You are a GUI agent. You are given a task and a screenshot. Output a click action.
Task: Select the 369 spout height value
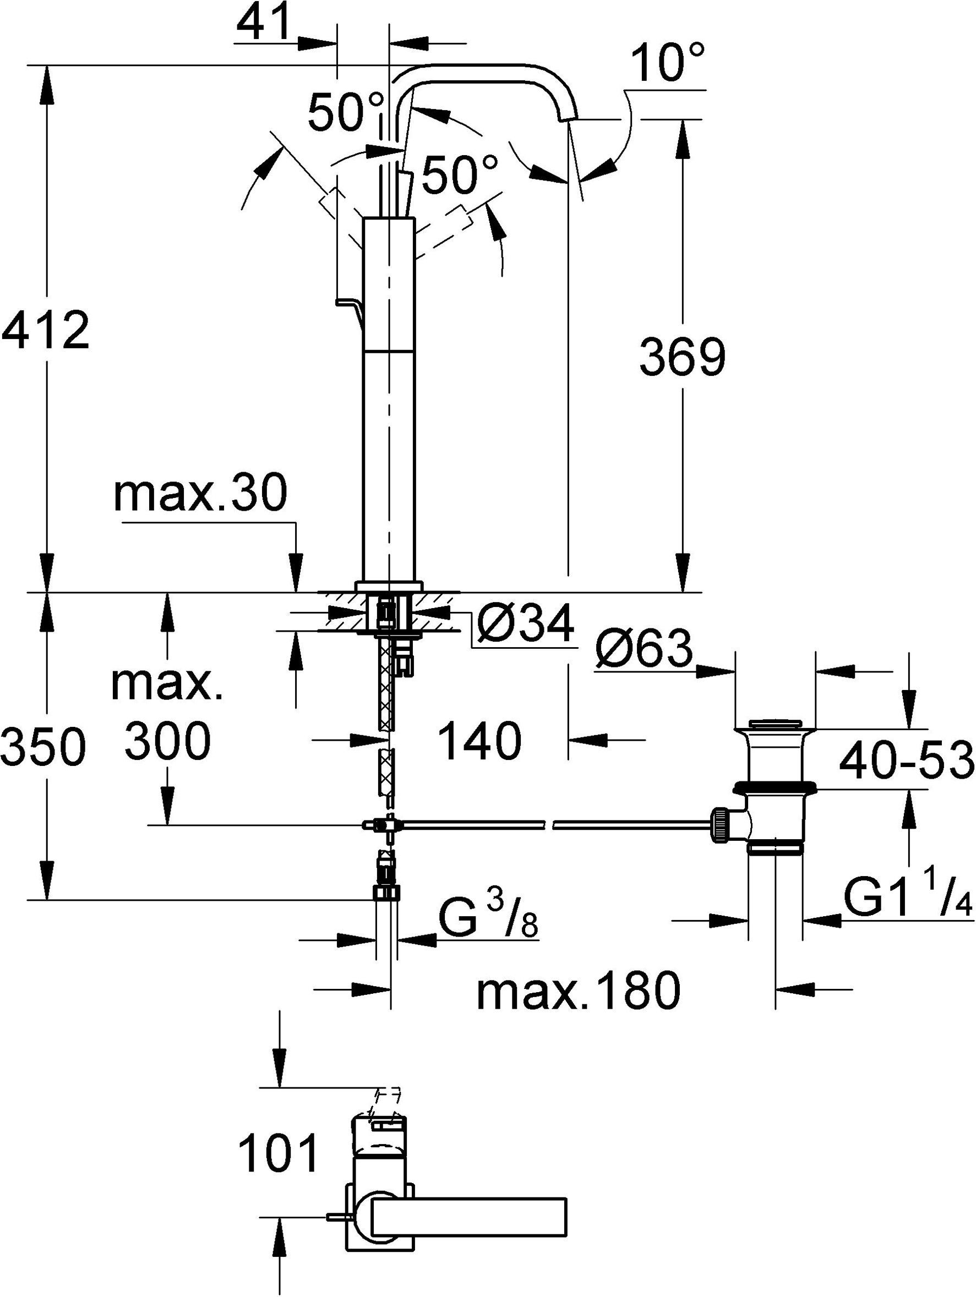tap(682, 357)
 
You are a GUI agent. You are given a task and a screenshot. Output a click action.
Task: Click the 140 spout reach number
tap(480, 741)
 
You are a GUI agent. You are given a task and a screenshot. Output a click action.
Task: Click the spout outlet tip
tap(568, 119)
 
